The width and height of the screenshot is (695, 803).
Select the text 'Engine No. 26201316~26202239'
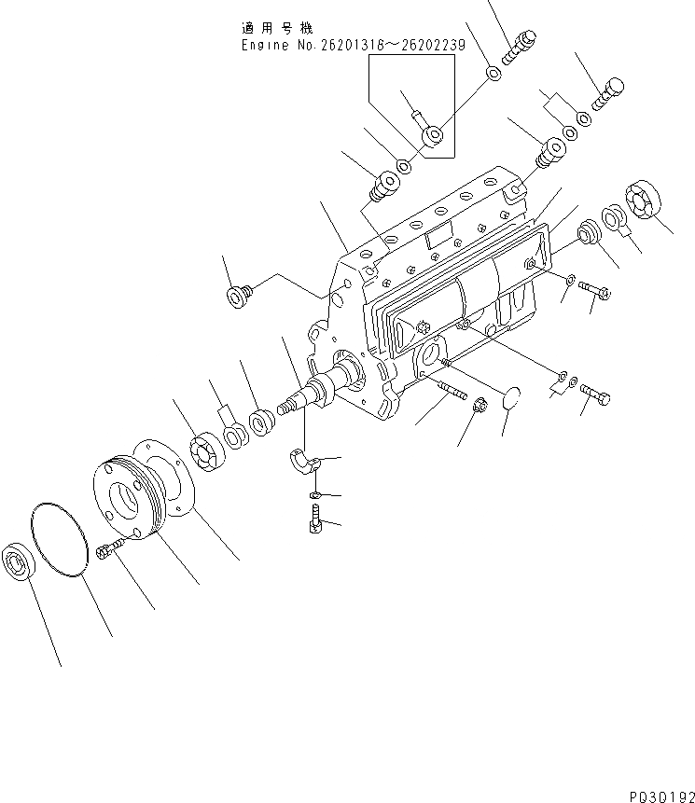tap(353, 45)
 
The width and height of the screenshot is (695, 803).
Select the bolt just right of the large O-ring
tap(107, 551)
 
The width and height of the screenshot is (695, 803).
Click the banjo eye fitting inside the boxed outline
tap(432, 137)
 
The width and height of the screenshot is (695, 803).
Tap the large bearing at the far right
tap(647, 203)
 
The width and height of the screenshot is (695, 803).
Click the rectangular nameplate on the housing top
tap(438, 239)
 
